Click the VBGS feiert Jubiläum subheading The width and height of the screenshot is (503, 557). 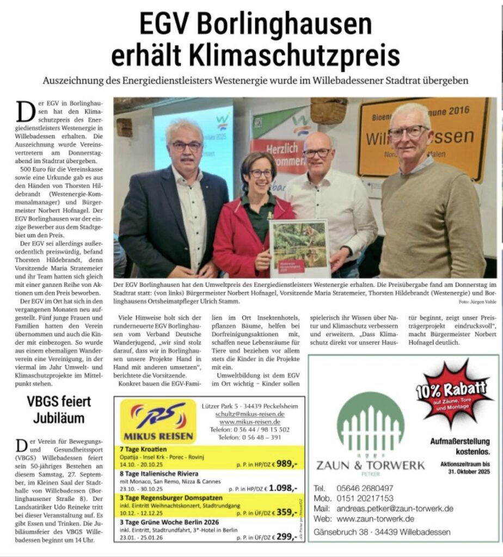(x=59, y=410)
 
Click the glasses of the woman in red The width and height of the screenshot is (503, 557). (x=261, y=174)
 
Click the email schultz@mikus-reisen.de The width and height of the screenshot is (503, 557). (x=250, y=414)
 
